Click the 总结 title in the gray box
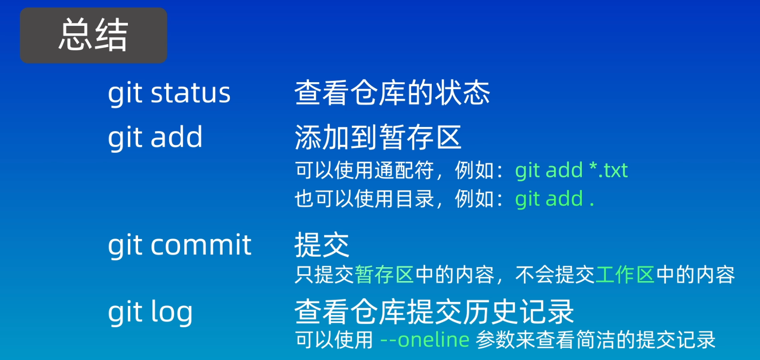click(93, 35)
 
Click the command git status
click(169, 93)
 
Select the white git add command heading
click(155, 138)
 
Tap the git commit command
click(180, 245)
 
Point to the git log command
click(150, 312)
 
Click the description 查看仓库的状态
click(392, 93)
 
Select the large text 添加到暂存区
click(378, 137)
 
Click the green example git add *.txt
click(571, 170)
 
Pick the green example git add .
click(555, 199)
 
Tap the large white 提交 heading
click(322, 245)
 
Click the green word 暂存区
click(385, 275)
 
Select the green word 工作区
click(625, 275)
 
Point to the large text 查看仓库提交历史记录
click(434, 312)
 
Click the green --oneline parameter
click(425, 340)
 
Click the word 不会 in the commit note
click(535, 275)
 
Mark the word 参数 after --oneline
click(495, 340)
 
